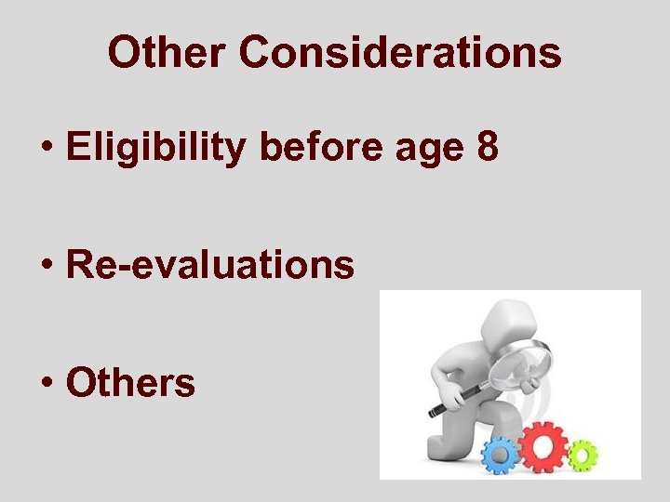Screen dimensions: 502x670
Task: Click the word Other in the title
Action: tap(166, 53)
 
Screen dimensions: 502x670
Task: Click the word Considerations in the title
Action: tap(401, 53)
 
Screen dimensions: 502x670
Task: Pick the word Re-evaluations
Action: tap(210, 265)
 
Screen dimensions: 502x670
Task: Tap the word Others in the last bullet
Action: tap(131, 382)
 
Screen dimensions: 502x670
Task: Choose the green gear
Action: tap(582, 456)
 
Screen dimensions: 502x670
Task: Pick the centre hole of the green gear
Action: tap(582, 456)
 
